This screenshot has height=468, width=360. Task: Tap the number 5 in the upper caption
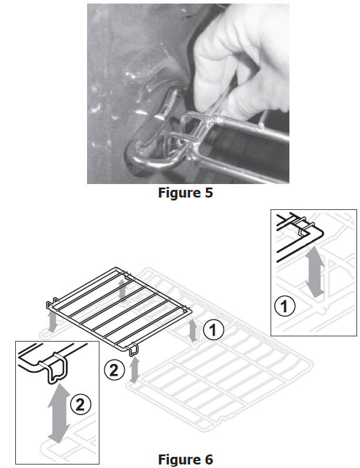(x=209, y=192)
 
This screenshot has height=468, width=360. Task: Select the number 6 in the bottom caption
(x=209, y=459)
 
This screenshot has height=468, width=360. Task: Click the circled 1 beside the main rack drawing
(x=214, y=330)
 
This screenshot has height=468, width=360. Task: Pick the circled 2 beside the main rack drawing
(x=114, y=370)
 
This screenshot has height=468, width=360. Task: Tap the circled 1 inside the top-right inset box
(x=285, y=306)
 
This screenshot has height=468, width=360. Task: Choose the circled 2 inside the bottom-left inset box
(x=81, y=405)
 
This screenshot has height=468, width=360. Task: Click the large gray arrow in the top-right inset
(x=315, y=272)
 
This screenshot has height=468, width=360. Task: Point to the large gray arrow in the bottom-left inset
(x=59, y=413)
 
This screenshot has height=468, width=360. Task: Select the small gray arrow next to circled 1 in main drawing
(x=193, y=330)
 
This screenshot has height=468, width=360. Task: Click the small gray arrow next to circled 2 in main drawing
(x=135, y=369)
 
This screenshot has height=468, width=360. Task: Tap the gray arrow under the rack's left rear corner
(x=52, y=321)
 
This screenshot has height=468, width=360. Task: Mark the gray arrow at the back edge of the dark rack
(x=122, y=289)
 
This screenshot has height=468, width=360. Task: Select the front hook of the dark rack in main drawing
(x=133, y=349)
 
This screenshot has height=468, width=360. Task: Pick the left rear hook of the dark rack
(x=51, y=303)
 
